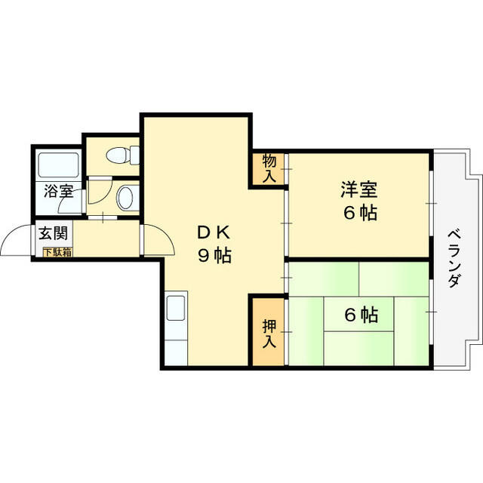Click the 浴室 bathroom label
coord(59,191)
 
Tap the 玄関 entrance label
coord(53,233)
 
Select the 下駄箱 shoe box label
coord(57,252)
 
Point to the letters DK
coord(214,233)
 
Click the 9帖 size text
coord(214,255)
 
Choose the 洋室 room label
coord(359,189)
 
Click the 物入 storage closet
coord(269,169)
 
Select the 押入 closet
coord(269,332)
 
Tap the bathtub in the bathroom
coord(58,165)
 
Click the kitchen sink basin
coord(176,308)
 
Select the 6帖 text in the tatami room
coord(361,315)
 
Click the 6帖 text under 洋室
coord(361,213)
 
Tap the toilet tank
coord(135,155)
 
